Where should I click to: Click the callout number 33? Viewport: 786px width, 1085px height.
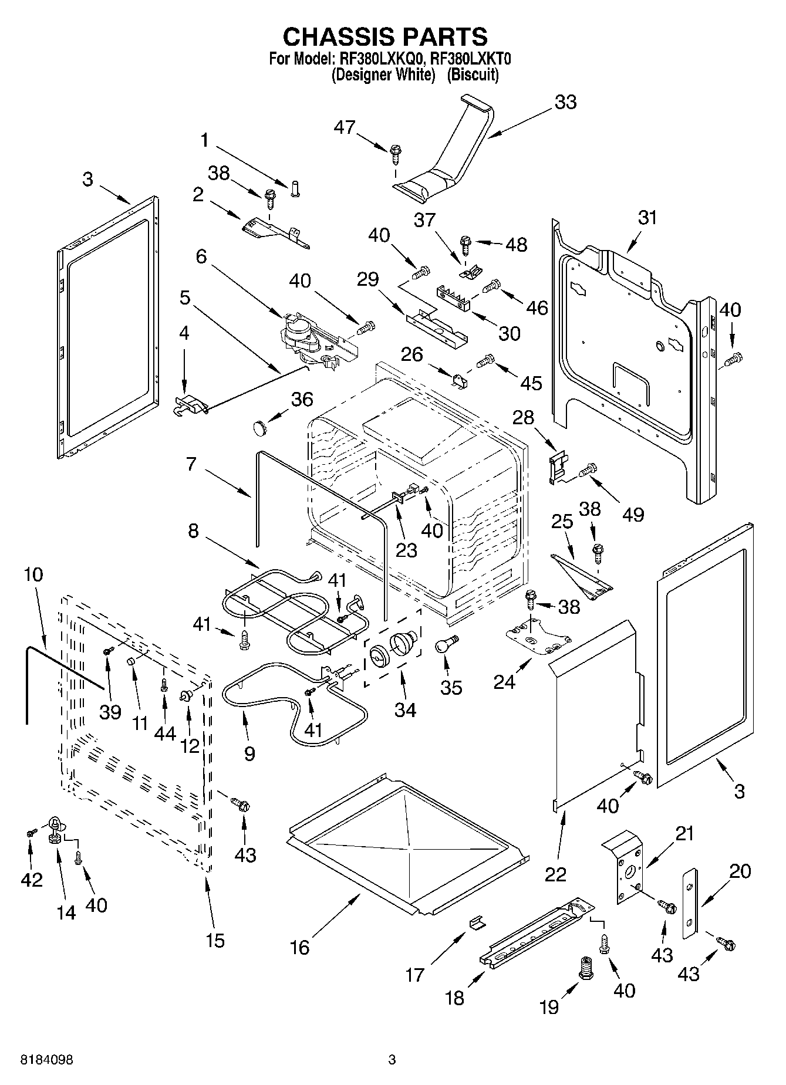click(565, 102)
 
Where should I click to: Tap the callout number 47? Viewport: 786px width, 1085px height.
click(345, 127)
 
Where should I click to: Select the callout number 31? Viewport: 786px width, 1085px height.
click(648, 218)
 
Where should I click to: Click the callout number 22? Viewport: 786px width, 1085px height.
click(555, 874)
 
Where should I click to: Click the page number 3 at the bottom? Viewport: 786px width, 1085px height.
click(392, 1060)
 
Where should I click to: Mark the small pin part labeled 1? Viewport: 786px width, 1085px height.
click(295, 190)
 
